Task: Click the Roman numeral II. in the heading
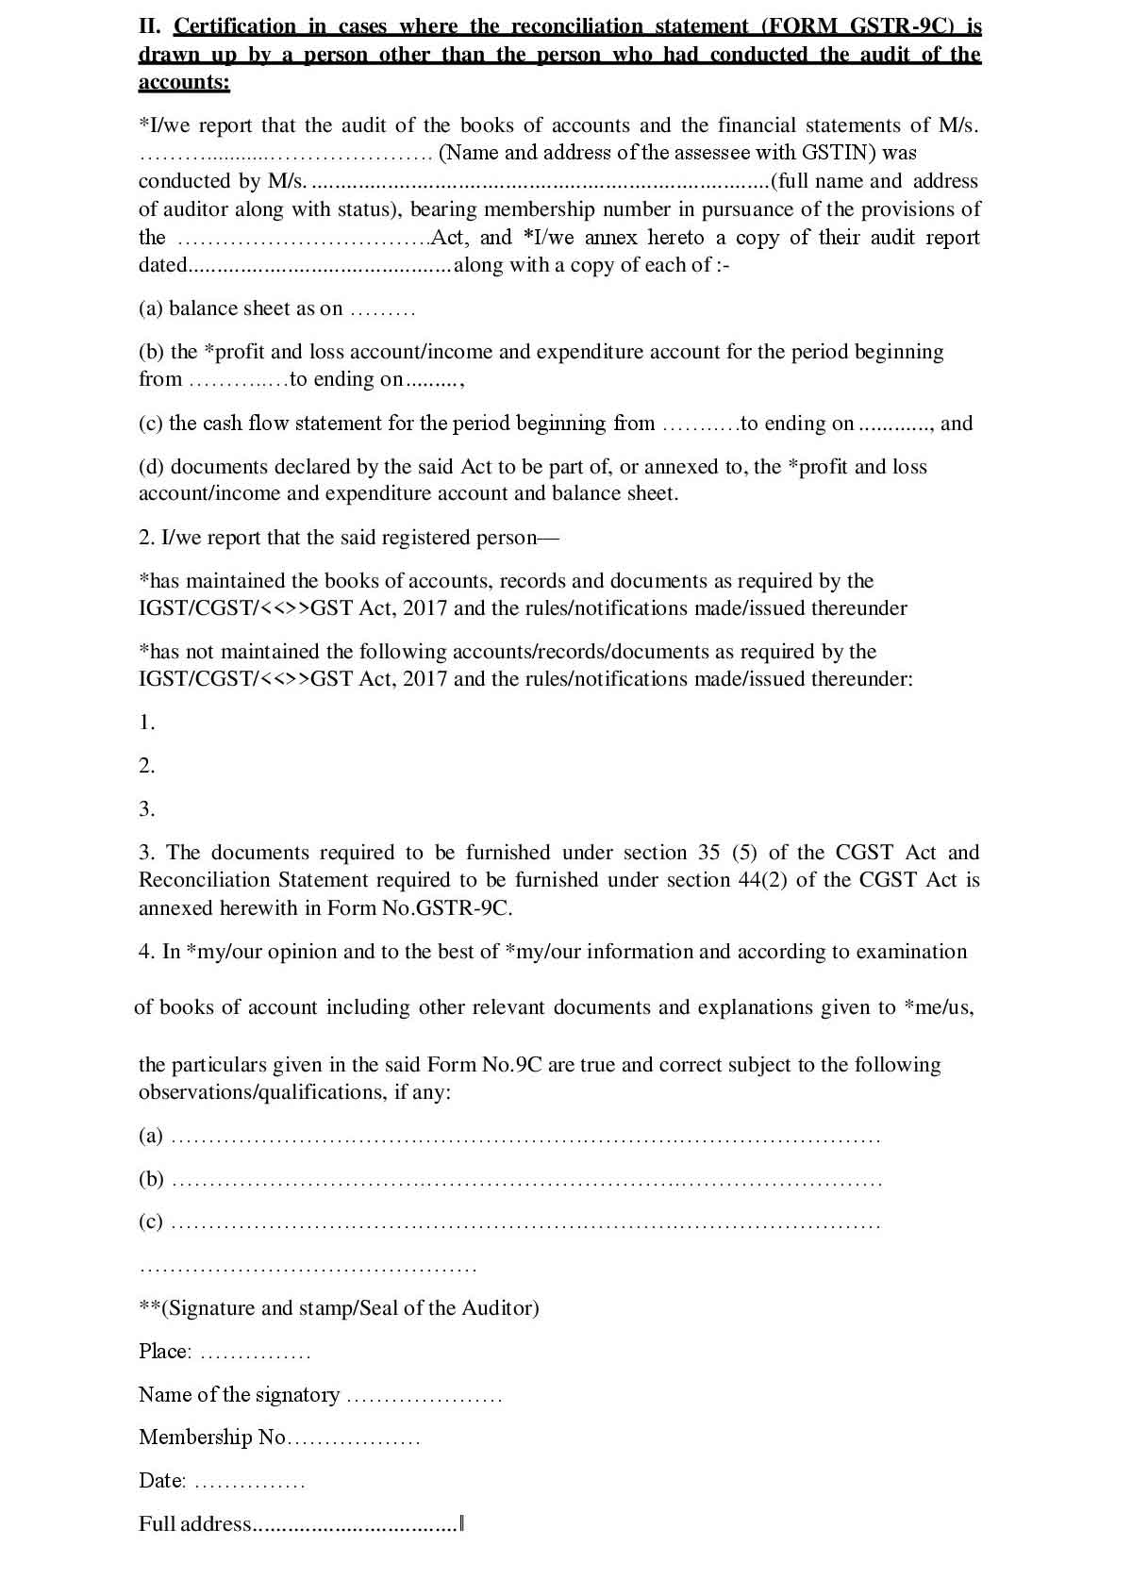[x=150, y=26]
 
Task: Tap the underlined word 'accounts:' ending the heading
[x=184, y=82]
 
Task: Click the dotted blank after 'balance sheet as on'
[x=382, y=309]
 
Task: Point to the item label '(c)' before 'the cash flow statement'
[x=151, y=424]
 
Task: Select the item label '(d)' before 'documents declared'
[x=151, y=467]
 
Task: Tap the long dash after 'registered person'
[x=547, y=538]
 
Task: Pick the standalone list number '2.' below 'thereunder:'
[x=146, y=766]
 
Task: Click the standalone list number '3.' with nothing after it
[x=146, y=809]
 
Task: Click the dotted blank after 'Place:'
[x=256, y=1354]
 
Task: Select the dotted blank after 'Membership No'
[x=354, y=1439]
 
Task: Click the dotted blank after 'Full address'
[x=357, y=1525]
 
